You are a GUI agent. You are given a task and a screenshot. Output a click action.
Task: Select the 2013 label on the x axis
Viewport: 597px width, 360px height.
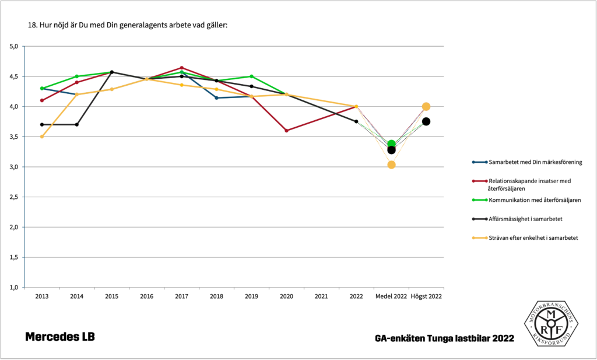[42, 296]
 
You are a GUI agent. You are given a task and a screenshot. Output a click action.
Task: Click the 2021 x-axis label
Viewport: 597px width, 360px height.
[321, 296]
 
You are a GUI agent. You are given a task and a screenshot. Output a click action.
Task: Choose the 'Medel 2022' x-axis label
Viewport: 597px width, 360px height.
[391, 296]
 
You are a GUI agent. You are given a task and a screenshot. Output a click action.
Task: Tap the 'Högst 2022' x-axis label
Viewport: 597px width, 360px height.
[426, 296]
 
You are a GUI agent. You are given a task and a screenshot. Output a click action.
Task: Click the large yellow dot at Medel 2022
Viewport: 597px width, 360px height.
[391, 165]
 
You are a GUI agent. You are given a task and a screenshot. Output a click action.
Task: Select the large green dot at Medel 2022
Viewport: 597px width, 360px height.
[391, 144]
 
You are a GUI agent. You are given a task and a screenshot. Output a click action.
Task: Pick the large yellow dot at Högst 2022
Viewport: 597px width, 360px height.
[426, 106]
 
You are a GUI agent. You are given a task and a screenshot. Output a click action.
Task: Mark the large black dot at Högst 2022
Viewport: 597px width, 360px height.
[426, 121]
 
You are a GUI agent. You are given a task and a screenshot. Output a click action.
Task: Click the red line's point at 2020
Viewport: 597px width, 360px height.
[286, 131]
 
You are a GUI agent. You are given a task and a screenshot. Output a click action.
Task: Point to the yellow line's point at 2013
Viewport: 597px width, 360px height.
[42, 137]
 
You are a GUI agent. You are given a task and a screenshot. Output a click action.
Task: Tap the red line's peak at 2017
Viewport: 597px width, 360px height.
[181, 68]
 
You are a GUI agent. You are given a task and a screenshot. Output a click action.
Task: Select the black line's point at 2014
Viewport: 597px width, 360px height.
[77, 124]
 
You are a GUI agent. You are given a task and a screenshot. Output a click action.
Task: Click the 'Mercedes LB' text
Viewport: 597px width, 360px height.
[59, 337]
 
